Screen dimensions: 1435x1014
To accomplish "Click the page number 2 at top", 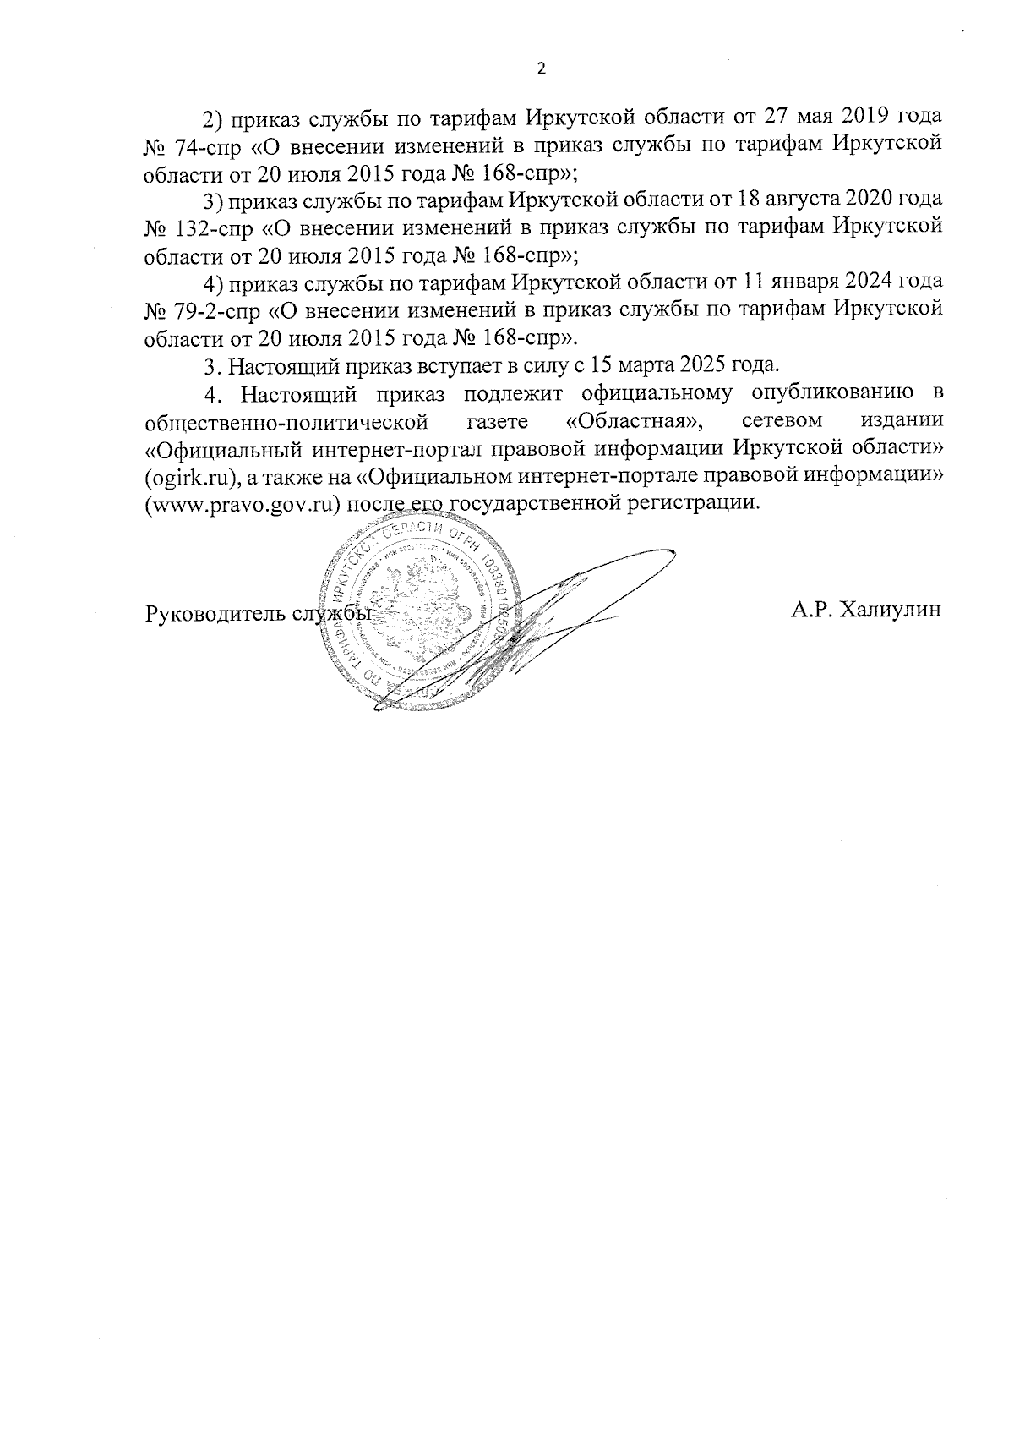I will [x=542, y=69].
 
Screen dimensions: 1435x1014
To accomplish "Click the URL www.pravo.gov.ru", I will [x=244, y=504].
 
